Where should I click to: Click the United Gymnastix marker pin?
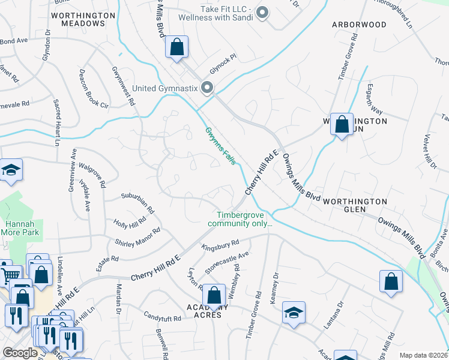(x=208, y=88)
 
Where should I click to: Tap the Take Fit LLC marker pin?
(x=262, y=11)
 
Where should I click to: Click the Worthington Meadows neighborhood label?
(x=83, y=19)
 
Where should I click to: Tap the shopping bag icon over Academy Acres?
(x=214, y=295)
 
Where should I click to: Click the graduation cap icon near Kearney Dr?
(x=294, y=313)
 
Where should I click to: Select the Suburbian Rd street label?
(x=137, y=203)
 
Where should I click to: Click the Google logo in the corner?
(x=19, y=353)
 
